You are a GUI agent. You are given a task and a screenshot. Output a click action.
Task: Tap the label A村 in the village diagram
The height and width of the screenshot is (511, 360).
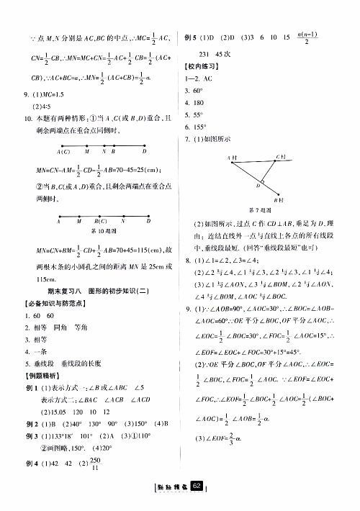tap(232, 157)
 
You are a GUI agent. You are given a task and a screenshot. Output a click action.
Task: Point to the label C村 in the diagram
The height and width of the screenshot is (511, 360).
tap(281, 156)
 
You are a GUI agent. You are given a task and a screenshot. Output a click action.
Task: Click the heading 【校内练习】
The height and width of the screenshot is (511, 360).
tap(203, 66)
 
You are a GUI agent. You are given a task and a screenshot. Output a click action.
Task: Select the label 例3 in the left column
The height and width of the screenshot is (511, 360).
tap(32, 436)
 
